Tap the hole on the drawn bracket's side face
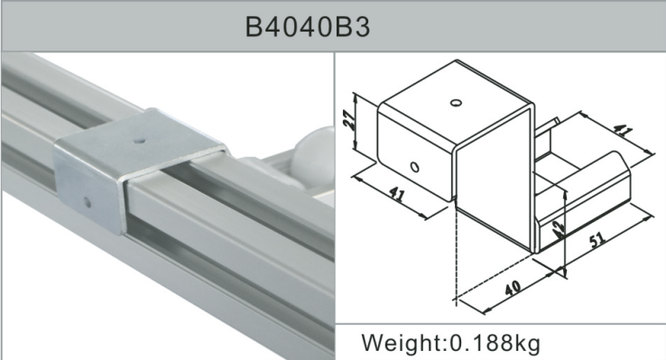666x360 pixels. pos(414,167)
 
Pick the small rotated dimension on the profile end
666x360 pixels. pos(559,226)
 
